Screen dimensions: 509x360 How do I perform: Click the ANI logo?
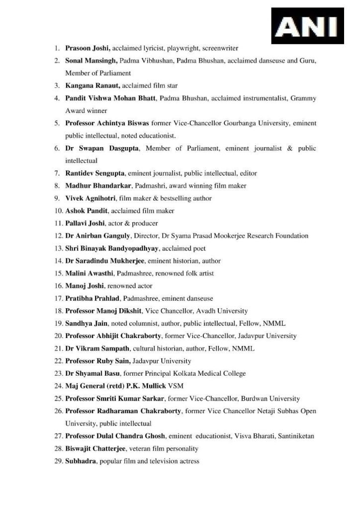(307, 25)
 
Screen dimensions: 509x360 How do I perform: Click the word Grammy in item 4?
(304, 98)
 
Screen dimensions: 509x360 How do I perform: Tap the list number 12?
(58, 236)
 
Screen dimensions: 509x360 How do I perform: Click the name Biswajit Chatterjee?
(95, 449)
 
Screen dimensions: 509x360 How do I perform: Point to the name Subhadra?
(81, 461)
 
